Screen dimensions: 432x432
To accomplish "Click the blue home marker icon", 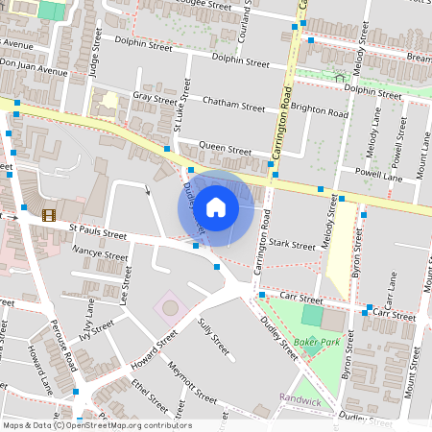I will click(x=216, y=206).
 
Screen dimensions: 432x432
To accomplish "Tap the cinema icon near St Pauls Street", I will click(x=49, y=215).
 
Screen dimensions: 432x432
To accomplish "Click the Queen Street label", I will click(x=225, y=150).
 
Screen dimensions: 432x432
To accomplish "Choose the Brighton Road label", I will click(x=320, y=112).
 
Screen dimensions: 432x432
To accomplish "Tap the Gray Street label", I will click(x=156, y=97).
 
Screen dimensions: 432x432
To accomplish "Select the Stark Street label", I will click(x=292, y=246).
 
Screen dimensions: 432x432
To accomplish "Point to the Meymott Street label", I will click(x=192, y=380).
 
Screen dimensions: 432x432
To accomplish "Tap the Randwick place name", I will click(x=300, y=397).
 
